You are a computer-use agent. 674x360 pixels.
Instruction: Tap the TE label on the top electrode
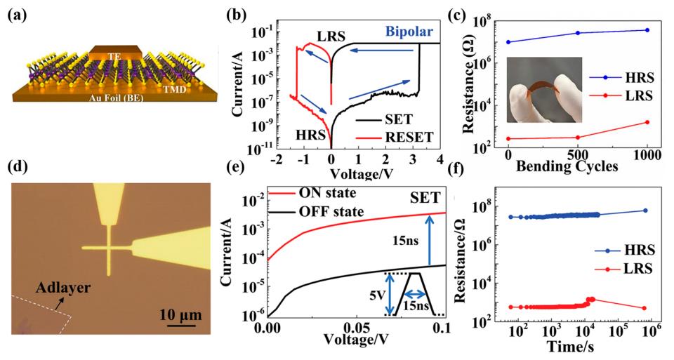click(117, 54)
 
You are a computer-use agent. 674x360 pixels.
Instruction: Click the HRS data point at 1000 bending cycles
click(647, 29)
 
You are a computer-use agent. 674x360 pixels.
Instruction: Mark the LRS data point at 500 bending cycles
click(577, 138)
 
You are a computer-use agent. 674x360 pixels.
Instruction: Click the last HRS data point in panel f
click(645, 211)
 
